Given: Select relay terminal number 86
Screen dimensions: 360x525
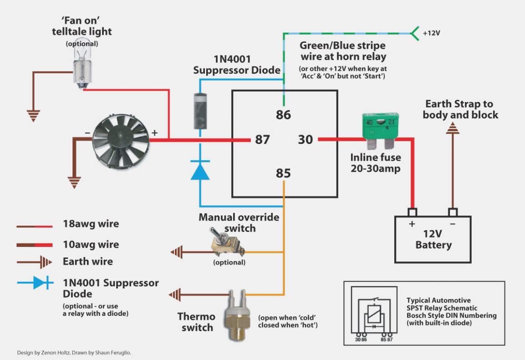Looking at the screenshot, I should pyautogui.click(x=283, y=114).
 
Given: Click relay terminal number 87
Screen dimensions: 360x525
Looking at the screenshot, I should pyautogui.click(x=262, y=139).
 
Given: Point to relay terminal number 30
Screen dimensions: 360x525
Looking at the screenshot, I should pyautogui.click(x=306, y=139).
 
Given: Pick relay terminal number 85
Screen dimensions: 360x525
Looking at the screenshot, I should pyautogui.click(x=283, y=174).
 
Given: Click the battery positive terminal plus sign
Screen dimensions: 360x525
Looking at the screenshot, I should pyautogui.click(x=412, y=224).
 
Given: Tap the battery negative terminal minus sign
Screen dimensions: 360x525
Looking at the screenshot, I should pyautogui.click(x=452, y=224).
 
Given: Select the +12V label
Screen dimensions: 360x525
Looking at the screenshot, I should pyautogui.click(x=431, y=33).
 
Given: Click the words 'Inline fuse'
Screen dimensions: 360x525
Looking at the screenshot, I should pyautogui.click(x=376, y=158).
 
